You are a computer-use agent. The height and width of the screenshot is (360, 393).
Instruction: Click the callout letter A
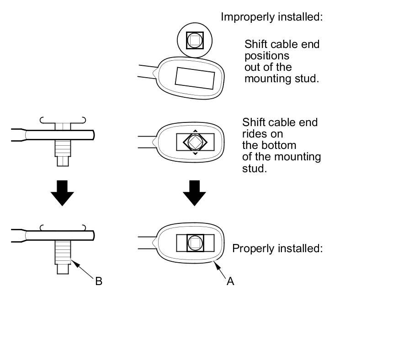click(x=231, y=281)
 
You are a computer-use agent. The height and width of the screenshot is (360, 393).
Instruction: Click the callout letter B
click(x=99, y=281)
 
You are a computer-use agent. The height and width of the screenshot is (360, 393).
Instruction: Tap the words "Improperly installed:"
click(x=272, y=17)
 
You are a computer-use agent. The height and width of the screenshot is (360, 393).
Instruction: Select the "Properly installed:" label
click(x=277, y=249)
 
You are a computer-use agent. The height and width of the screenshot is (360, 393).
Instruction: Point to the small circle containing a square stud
click(x=194, y=40)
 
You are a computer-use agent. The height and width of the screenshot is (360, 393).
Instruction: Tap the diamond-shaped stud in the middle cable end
click(x=195, y=142)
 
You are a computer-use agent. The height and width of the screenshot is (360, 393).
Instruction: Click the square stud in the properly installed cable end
click(x=195, y=242)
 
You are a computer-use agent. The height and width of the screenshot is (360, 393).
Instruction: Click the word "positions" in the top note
click(x=267, y=56)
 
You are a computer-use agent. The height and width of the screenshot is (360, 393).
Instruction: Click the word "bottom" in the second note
click(x=280, y=145)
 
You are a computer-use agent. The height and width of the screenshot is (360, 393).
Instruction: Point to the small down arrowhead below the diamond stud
click(x=195, y=154)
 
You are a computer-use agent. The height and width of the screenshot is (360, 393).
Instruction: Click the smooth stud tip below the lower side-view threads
click(x=63, y=269)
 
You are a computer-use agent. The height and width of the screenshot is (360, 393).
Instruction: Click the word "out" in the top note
click(x=252, y=67)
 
